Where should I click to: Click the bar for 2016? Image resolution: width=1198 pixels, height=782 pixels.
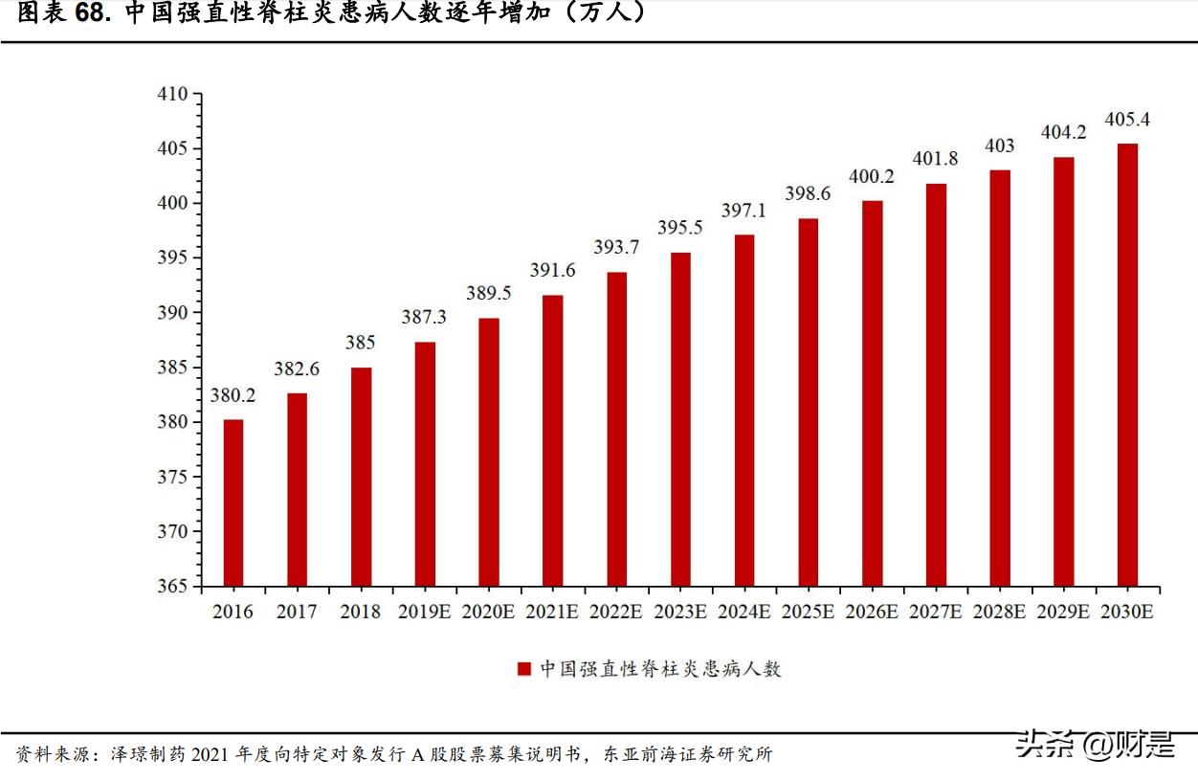coord(233,503)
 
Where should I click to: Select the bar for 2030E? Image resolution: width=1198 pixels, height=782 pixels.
coord(1128,365)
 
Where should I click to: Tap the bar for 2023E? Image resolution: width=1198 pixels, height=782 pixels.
coord(680,419)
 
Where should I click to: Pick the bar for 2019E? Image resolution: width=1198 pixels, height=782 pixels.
coord(425,463)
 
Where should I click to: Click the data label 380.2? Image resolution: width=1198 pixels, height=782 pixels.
coord(233,395)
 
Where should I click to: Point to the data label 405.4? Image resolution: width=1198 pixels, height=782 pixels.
coord(1127,120)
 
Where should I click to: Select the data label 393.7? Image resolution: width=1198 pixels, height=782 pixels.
coord(616,248)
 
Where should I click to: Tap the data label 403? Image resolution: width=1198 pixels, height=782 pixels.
coord(1000,146)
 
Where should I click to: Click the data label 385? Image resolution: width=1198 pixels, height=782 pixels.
coord(361,343)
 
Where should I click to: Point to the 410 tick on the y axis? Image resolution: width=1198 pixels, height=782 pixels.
coord(173,94)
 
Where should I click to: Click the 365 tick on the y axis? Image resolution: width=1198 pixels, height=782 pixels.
coord(173,586)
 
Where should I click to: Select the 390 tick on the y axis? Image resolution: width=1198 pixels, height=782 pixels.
coord(173,313)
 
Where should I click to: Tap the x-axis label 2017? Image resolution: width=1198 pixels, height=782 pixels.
coord(297,612)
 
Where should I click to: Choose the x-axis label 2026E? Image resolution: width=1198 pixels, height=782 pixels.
coord(872,612)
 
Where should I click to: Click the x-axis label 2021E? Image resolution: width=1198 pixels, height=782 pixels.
coord(552,612)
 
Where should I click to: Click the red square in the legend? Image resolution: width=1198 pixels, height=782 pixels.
coord(523,669)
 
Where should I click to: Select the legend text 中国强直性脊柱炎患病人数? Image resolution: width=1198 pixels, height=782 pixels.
coord(660,669)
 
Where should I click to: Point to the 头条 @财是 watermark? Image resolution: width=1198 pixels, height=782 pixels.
coord(1096,744)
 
